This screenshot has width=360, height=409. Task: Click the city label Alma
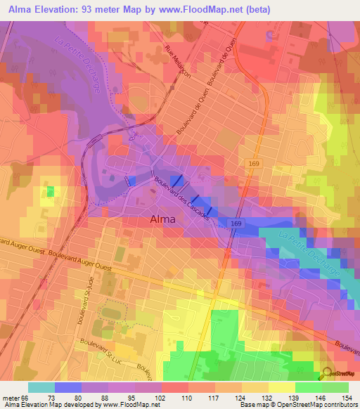(x=168, y=219)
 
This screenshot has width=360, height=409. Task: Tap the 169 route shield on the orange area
(x=251, y=162)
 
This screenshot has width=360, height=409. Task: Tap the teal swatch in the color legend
(x=41, y=387)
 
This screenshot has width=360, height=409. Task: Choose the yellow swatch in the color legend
(x=282, y=387)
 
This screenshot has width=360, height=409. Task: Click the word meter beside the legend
(x=11, y=397)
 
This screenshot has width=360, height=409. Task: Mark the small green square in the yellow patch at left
(x=50, y=191)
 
